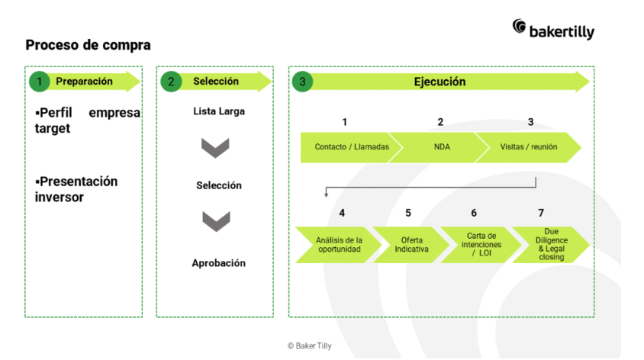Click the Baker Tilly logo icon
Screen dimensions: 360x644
[x=520, y=27]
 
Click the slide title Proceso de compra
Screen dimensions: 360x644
[x=88, y=45]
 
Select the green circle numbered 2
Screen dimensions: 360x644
[x=171, y=82]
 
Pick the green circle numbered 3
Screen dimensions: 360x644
[x=303, y=82]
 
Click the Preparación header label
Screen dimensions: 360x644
[x=84, y=82]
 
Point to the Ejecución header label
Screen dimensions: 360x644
[x=440, y=82]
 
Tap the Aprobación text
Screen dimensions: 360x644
[x=218, y=263]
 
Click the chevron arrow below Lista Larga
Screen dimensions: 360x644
[x=215, y=147]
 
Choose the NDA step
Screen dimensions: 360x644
[x=441, y=147]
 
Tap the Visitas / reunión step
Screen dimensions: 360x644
[x=527, y=147]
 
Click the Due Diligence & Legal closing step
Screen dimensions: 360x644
[x=549, y=244]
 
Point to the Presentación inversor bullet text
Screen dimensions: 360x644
[x=76, y=189]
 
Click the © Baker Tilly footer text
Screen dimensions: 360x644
[x=309, y=346]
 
